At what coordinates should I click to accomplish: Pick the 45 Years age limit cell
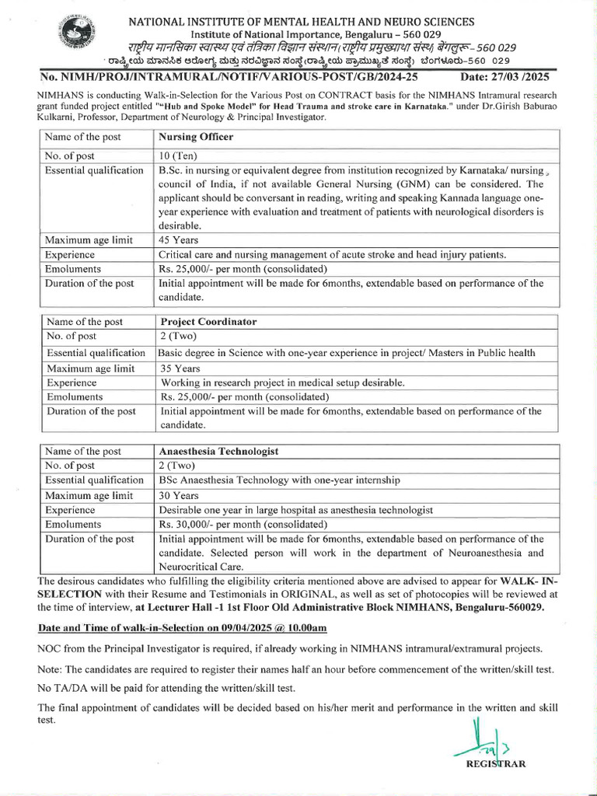point(180,240)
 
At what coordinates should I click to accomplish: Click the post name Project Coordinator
point(208,321)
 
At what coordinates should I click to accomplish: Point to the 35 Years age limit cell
point(181,368)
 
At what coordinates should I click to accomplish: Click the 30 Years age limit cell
point(181,495)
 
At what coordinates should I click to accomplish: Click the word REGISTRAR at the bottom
point(495,763)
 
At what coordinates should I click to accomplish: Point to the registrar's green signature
point(482,742)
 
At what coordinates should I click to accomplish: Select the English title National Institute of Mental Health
point(302,22)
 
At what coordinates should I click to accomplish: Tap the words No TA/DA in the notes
point(61,686)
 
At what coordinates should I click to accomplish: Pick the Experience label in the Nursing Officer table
point(70,254)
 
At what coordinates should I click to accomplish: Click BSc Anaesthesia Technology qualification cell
point(280,480)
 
